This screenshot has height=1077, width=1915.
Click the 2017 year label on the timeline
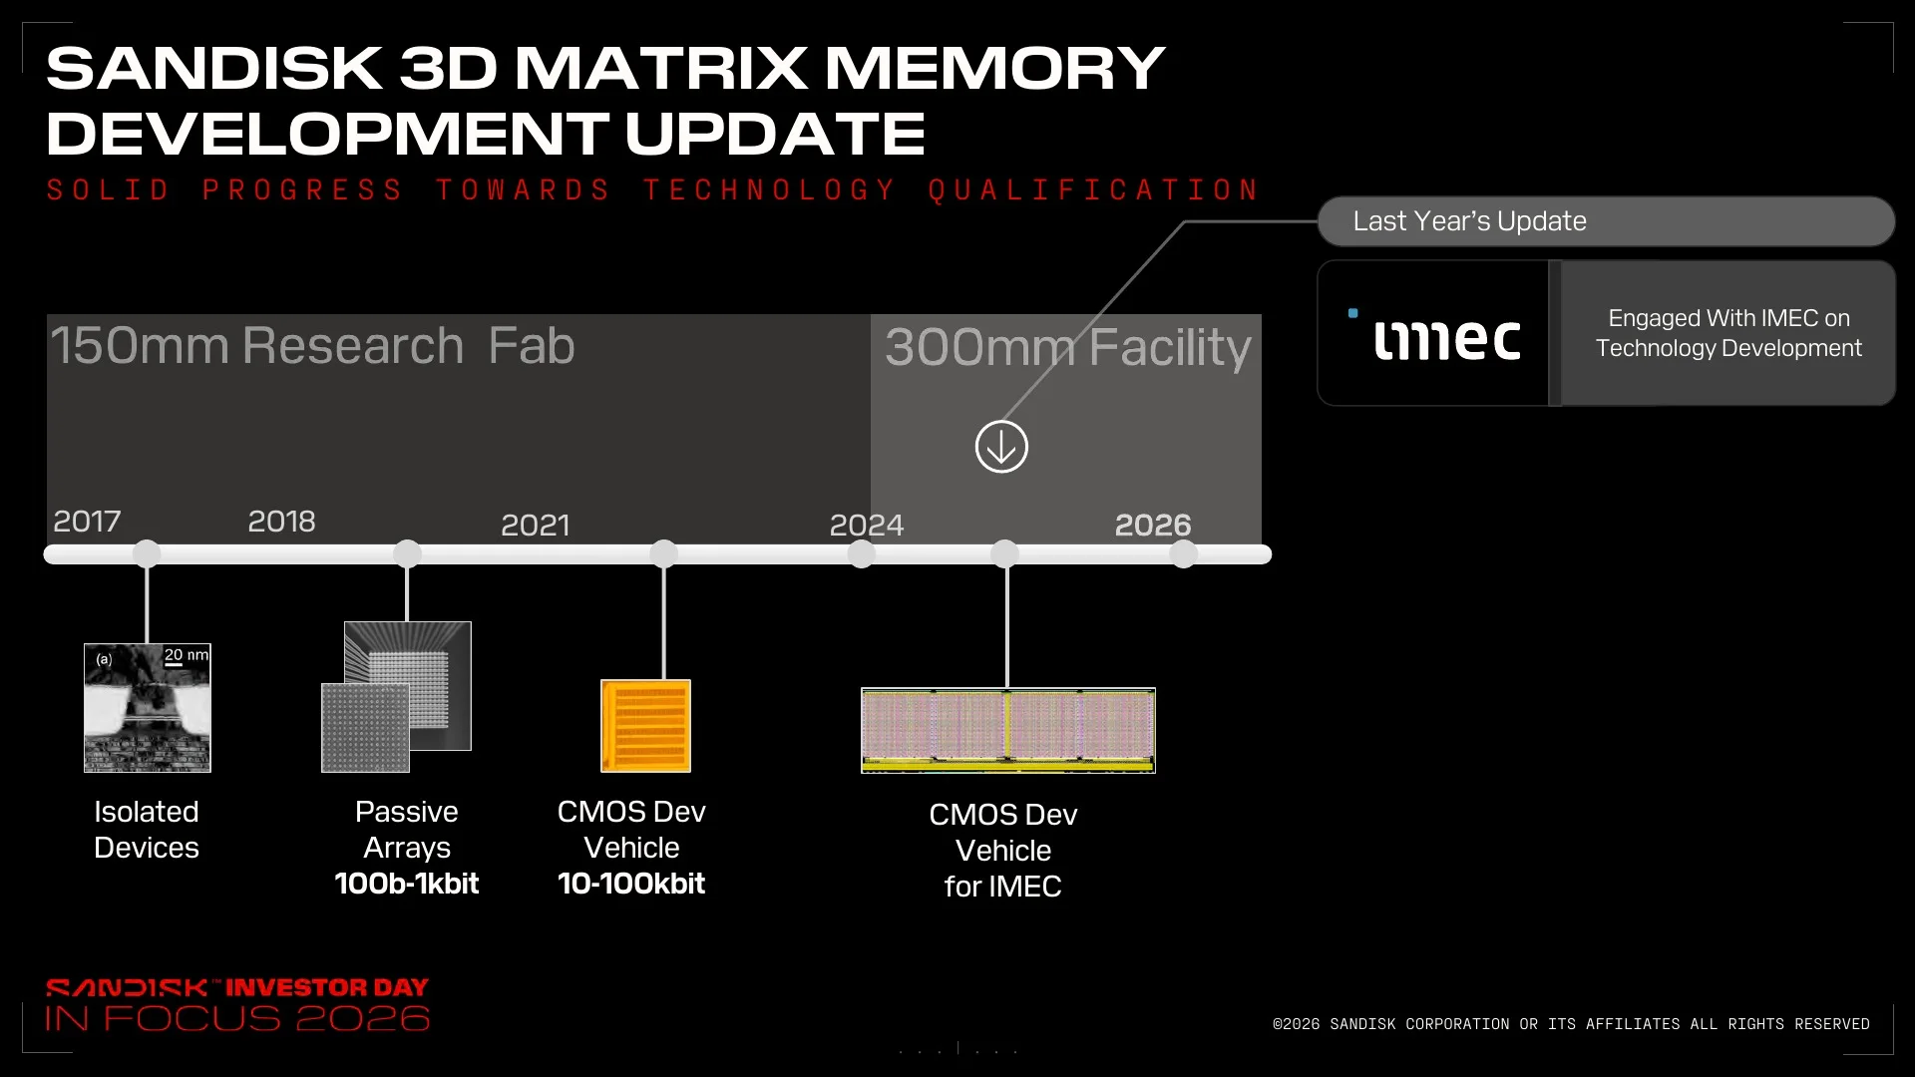coord(87,521)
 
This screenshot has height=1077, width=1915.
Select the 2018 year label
coord(281,521)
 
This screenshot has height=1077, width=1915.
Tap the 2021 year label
coord(535,525)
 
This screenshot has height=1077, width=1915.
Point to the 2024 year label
coord(867,525)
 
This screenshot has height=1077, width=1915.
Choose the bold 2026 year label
coord(1153,525)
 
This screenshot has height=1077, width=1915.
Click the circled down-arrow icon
coord(1001,446)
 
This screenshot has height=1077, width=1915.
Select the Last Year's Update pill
coord(1606,221)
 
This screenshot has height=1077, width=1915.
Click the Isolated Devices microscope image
coord(148,708)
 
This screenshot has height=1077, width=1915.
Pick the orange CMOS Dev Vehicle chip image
coord(645,726)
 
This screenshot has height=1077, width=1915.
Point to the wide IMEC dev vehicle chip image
coord(1008,730)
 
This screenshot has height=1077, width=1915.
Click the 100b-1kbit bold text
coord(407,884)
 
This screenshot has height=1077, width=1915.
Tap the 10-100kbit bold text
coord(631,884)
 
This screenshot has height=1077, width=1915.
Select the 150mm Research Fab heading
coord(312,346)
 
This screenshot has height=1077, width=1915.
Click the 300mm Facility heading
coord(1068,347)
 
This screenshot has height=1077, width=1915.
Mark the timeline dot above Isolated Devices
coord(147,553)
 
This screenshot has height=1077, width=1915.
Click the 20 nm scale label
coord(187,655)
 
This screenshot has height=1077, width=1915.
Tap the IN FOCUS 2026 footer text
coord(237,1019)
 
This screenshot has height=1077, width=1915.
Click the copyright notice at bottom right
coord(1571,1024)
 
